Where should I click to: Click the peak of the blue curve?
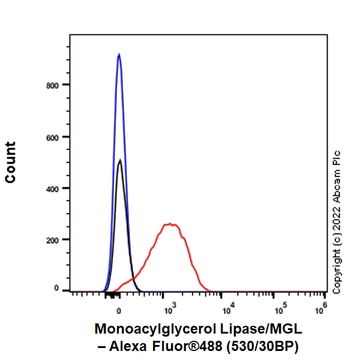click(x=119, y=55)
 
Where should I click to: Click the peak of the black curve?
click(x=120, y=160)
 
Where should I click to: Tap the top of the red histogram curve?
click(x=172, y=224)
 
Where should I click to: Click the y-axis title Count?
click(x=11, y=162)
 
